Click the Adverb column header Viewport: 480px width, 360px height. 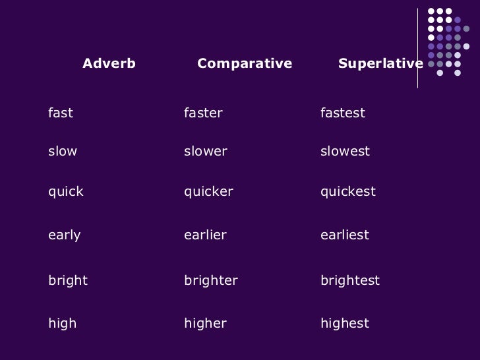pyautogui.click(x=109, y=64)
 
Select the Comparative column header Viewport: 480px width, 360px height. pyautogui.click(x=245, y=64)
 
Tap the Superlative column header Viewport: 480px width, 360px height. pyautogui.click(x=380, y=64)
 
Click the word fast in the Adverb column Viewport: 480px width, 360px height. pyautogui.click(x=61, y=113)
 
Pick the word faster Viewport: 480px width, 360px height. pyautogui.click(x=203, y=113)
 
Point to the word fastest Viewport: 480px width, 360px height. pyautogui.click(x=342, y=113)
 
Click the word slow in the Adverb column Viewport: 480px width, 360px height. pyautogui.click(x=63, y=152)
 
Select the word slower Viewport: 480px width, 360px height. pyautogui.click(x=205, y=152)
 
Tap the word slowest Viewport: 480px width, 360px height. pyautogui.click(x=345, y=152)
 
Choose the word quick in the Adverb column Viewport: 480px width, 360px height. pyautogui.click(x=66, y=192)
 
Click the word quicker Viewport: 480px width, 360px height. pyautogui.click(x=208, y=192)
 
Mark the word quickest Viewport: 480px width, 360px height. pyautogui.click(x=347, y=192)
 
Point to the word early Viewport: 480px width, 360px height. pyautogui.click(x=65, y=235)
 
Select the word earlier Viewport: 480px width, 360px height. pyautogui.click(x=205, y=235)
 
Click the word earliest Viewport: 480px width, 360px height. pyautogui.click(x=344, y=235)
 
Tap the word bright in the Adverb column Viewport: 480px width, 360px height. pyautogui.click(x=68, y=281)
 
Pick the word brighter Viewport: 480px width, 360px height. pyautogui.click(x=210, y=281)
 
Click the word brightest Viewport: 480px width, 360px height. pyautogui.click(x=349, y=281)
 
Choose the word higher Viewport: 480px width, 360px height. pyautogui.click(x=205, y=324)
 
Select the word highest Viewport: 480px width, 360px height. pyautogui.click(x=344, y=324)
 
